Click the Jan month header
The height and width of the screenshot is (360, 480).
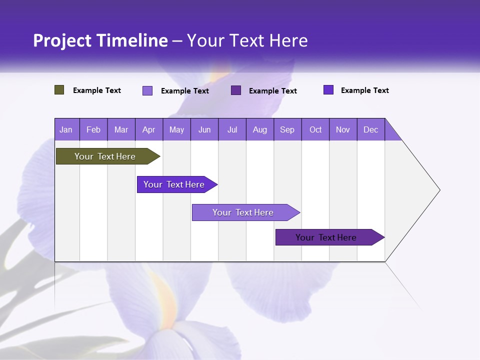66,129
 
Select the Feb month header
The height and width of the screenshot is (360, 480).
93,129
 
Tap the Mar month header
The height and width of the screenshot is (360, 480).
121,129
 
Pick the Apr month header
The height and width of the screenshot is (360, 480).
149,129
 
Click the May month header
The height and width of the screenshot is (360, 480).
176,129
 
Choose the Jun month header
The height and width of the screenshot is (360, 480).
204,129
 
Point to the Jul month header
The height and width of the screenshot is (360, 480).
232,129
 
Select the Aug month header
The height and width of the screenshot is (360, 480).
260,129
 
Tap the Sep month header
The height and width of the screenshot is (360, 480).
287,129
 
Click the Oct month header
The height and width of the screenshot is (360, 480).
315,129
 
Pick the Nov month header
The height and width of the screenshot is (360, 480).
343,129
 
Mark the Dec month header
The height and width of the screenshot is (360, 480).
371,129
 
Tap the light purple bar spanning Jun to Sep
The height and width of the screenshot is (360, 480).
243,212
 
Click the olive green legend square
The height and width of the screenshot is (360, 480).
59,90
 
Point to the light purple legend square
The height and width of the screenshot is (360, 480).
147,90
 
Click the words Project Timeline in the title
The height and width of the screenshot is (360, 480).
100,40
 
